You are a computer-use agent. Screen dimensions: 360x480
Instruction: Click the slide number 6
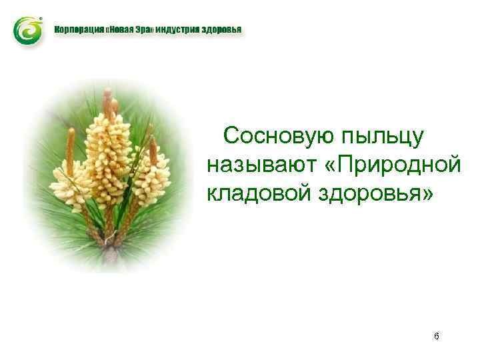[x=436, y=336]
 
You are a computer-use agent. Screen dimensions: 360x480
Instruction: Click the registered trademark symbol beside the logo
[x=42, y=18]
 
